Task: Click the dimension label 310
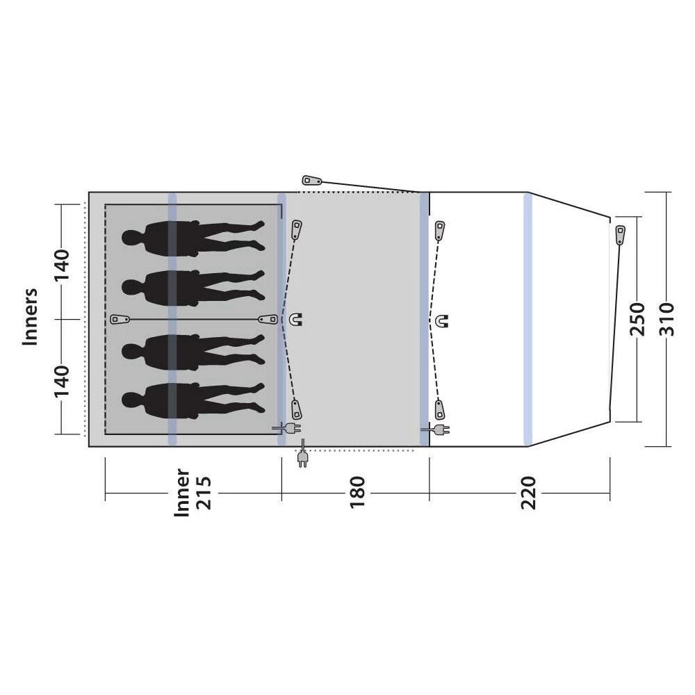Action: pyautogui.click(x=667, y=319)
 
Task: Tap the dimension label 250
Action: pyautogui.click(x=637, y=319)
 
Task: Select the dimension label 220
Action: pyautogui.click(x=528, y=493)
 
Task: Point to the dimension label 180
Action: pyautogui.click(x=357, y=493)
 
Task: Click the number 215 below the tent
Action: pyautogui.click(x=204, y=493)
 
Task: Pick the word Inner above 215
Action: pyautogui.click(x=181, y=493)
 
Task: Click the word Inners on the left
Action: pyautogui.click(x=30, y=316)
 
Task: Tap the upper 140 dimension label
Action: pyautogui.click(x=62, y=265)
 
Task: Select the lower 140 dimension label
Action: pyautogui.click(x=62, y=381)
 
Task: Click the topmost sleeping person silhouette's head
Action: pyautogui.click(x=131, y=237)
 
